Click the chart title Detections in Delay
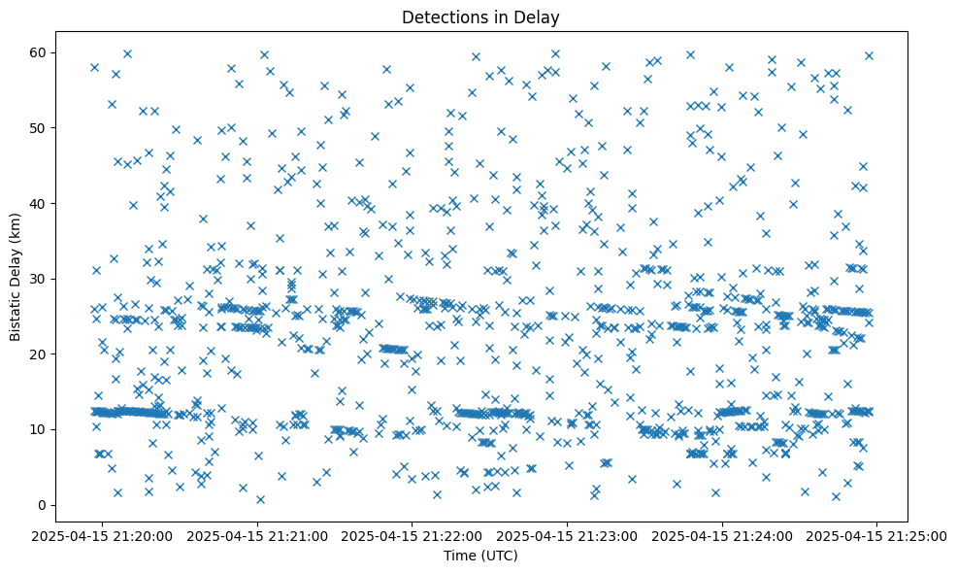(480, 17)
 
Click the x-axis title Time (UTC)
(480, 556)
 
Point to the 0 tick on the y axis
(43, 505)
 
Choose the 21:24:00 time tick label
(722, 535)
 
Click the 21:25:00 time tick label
(876, 535)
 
